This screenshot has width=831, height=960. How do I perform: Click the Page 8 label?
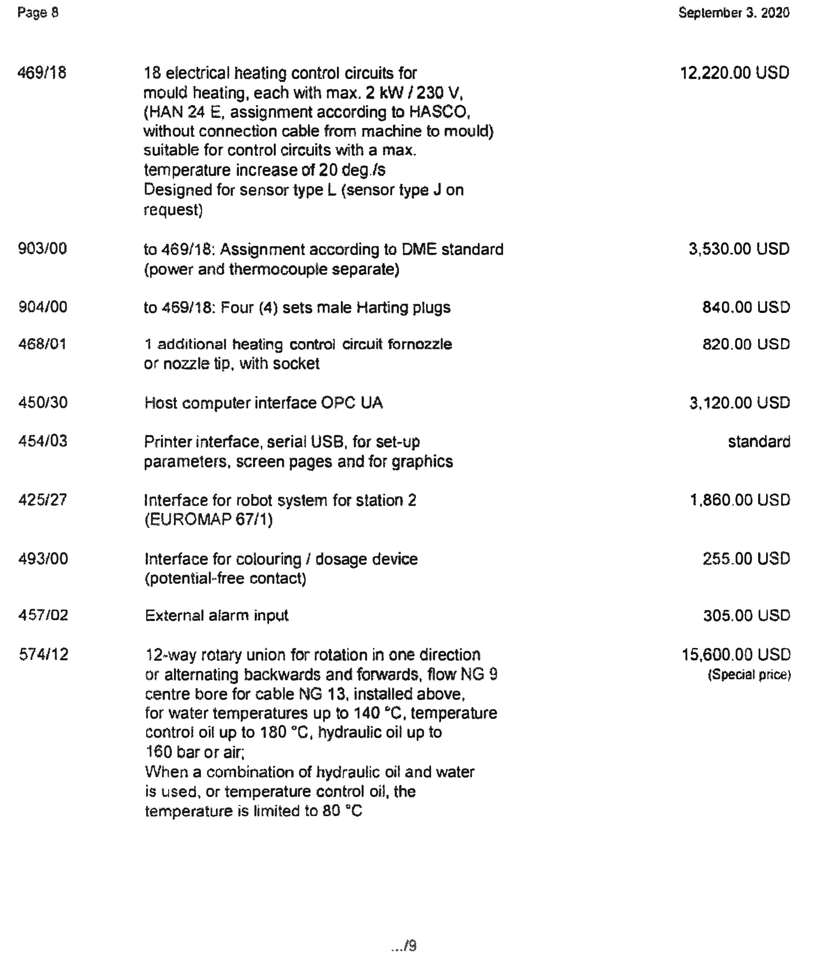(x=38, y=12)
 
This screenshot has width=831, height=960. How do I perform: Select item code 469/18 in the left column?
(x=42, y=73)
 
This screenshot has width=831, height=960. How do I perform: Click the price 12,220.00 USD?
(x=735, y=73)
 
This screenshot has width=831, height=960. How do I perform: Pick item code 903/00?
(x=42, y=249)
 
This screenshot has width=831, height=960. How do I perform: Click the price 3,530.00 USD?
(x=739, y=249)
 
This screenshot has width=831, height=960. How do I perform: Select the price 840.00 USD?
(x=746, y=307)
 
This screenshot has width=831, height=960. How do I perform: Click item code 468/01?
(x=42, y=344)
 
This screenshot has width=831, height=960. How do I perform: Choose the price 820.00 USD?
(x=746, y=344)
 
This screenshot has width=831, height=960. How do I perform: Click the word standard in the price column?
(x=759, y=441)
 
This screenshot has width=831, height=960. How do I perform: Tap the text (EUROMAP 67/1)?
(x=209, y=519)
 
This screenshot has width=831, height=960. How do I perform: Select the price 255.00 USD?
(x=746, y=559)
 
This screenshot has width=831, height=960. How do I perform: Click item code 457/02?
(x=43, y=615)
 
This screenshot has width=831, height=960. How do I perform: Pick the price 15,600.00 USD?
(x=736, y=655)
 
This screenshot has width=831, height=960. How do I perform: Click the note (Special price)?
(x=749, y=674)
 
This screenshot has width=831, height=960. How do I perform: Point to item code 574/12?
(x=44, y=655)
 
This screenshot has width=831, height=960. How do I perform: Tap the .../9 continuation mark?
(x=404, y=945)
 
